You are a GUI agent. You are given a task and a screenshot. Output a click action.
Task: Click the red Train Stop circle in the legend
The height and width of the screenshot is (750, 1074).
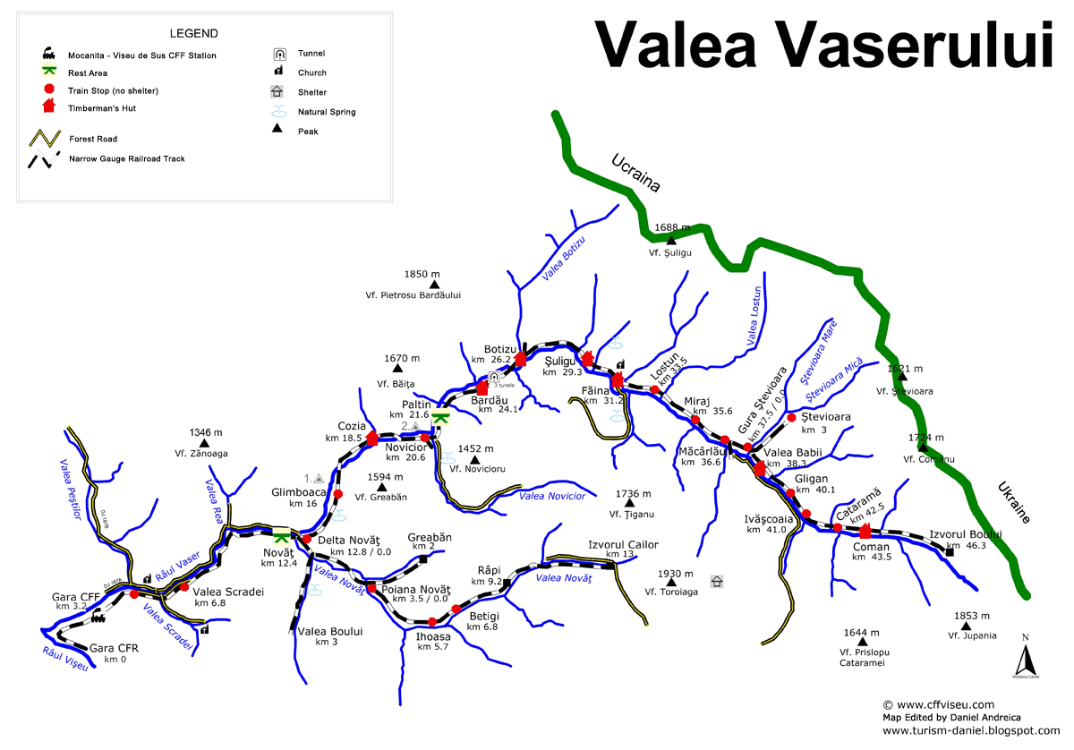click(x=49, y=89)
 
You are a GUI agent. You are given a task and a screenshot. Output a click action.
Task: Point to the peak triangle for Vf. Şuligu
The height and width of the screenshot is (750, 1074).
click(x=670, y=240)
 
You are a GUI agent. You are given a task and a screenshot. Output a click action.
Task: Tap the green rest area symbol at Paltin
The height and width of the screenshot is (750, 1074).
click(x=439, y=416)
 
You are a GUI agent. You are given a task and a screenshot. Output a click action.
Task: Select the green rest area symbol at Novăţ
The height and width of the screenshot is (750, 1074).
click(x=281, y=537)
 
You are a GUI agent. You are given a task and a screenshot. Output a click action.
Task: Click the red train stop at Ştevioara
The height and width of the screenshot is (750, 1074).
click(x=791, y=417)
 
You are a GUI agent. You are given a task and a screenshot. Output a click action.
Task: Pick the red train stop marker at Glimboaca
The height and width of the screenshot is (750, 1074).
click(x=337, y=494)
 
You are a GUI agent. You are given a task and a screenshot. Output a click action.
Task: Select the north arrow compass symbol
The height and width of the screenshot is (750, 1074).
click(x=1025, y=661)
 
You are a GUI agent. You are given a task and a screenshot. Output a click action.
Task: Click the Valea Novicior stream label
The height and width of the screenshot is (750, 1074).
click(x=552, y=496)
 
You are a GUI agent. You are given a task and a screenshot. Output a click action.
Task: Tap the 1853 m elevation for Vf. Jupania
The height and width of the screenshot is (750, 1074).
click(x=972, y=616)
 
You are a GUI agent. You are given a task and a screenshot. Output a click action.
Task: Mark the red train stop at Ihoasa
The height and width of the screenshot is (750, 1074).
click(x=432, y=622)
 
